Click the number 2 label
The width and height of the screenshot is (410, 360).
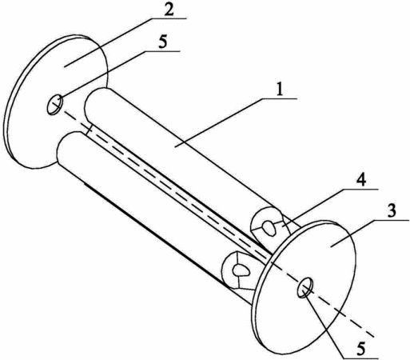[x=169, y=10]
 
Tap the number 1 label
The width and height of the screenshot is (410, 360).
[x=280, y=90]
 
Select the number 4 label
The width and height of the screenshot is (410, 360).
[x=361, y=180]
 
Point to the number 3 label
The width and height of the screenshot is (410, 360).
[x=391, y=211]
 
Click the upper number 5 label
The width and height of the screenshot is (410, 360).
[x=162, y=42]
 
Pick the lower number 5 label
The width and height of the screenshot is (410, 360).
[x=361, y=348]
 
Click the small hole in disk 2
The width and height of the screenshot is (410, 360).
[x=55, y=105]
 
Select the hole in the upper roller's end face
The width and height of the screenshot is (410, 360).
[x=269, y=227]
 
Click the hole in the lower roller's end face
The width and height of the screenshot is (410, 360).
[x=241, y=270]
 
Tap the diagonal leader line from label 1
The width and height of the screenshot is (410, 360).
[x=218, y=122]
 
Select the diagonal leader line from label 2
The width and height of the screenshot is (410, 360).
[x=108, y=42]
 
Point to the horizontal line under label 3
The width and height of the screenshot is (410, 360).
[x=391, y=220]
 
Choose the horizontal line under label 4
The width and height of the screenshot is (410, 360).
[x=360, y=189]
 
